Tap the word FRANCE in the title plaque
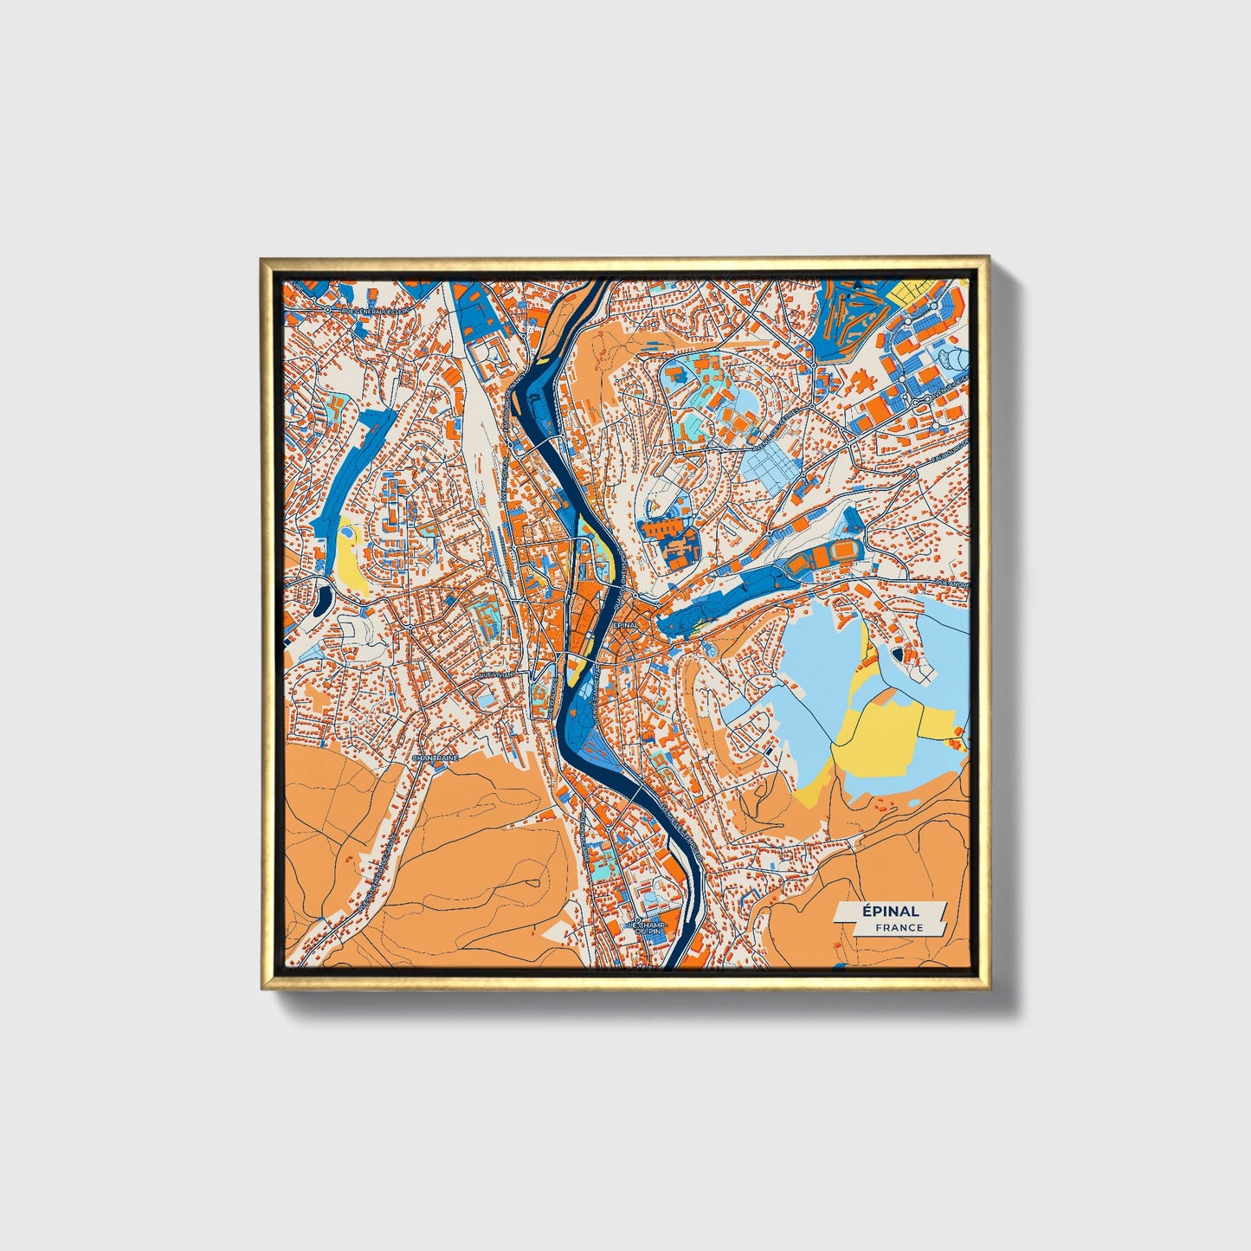coord(899,927)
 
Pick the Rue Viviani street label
coord(495,673)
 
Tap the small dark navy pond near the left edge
coord(323,597)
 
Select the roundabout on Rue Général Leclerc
coord(329,308)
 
